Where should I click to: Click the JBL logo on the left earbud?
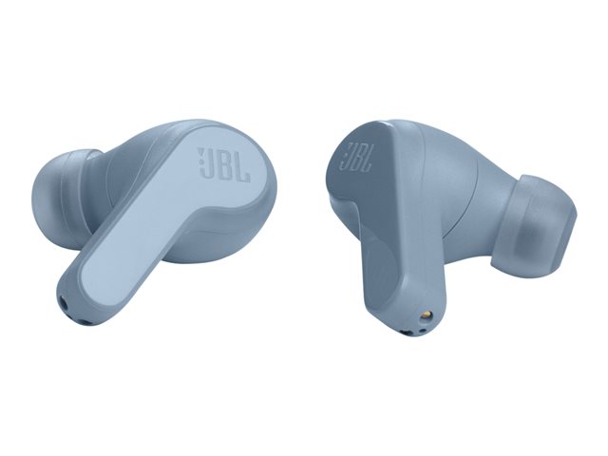(x=224, y=164)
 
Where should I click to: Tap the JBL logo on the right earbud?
(x=356, y=157)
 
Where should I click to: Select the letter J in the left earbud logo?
(x=211, y=162)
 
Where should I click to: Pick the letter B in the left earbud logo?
(x=226, y=164)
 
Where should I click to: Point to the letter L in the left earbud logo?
(x=242, y=167)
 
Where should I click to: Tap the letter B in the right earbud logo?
(x=358, y=157)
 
